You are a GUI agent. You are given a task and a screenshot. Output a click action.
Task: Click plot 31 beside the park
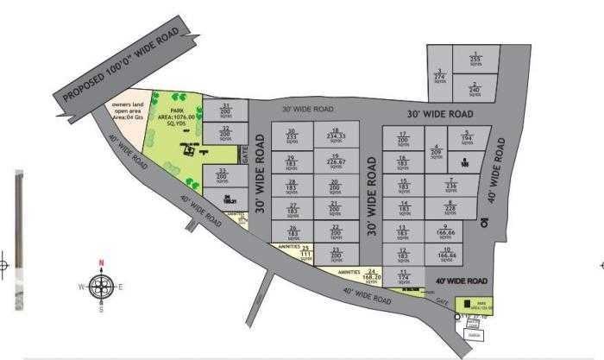click(x=225, y=110)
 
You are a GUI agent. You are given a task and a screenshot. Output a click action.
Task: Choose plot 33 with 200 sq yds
click(x=223, y=176)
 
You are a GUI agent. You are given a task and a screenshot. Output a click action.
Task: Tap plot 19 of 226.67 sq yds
click(x=337, y=160)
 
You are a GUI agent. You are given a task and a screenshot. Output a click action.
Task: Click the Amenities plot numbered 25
click(x=305, y=253)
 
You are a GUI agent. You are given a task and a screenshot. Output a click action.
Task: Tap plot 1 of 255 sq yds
click(x=475, y=58)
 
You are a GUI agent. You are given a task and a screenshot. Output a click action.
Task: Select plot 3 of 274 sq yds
click(x=440, y=75)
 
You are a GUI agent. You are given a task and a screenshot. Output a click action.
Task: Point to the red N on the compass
click(x=101, y=262)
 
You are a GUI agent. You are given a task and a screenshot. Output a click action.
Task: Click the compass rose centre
click(x=101, y=286)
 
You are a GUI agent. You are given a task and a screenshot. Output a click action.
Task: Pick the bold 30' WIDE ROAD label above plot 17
click(x=440, y=114)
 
